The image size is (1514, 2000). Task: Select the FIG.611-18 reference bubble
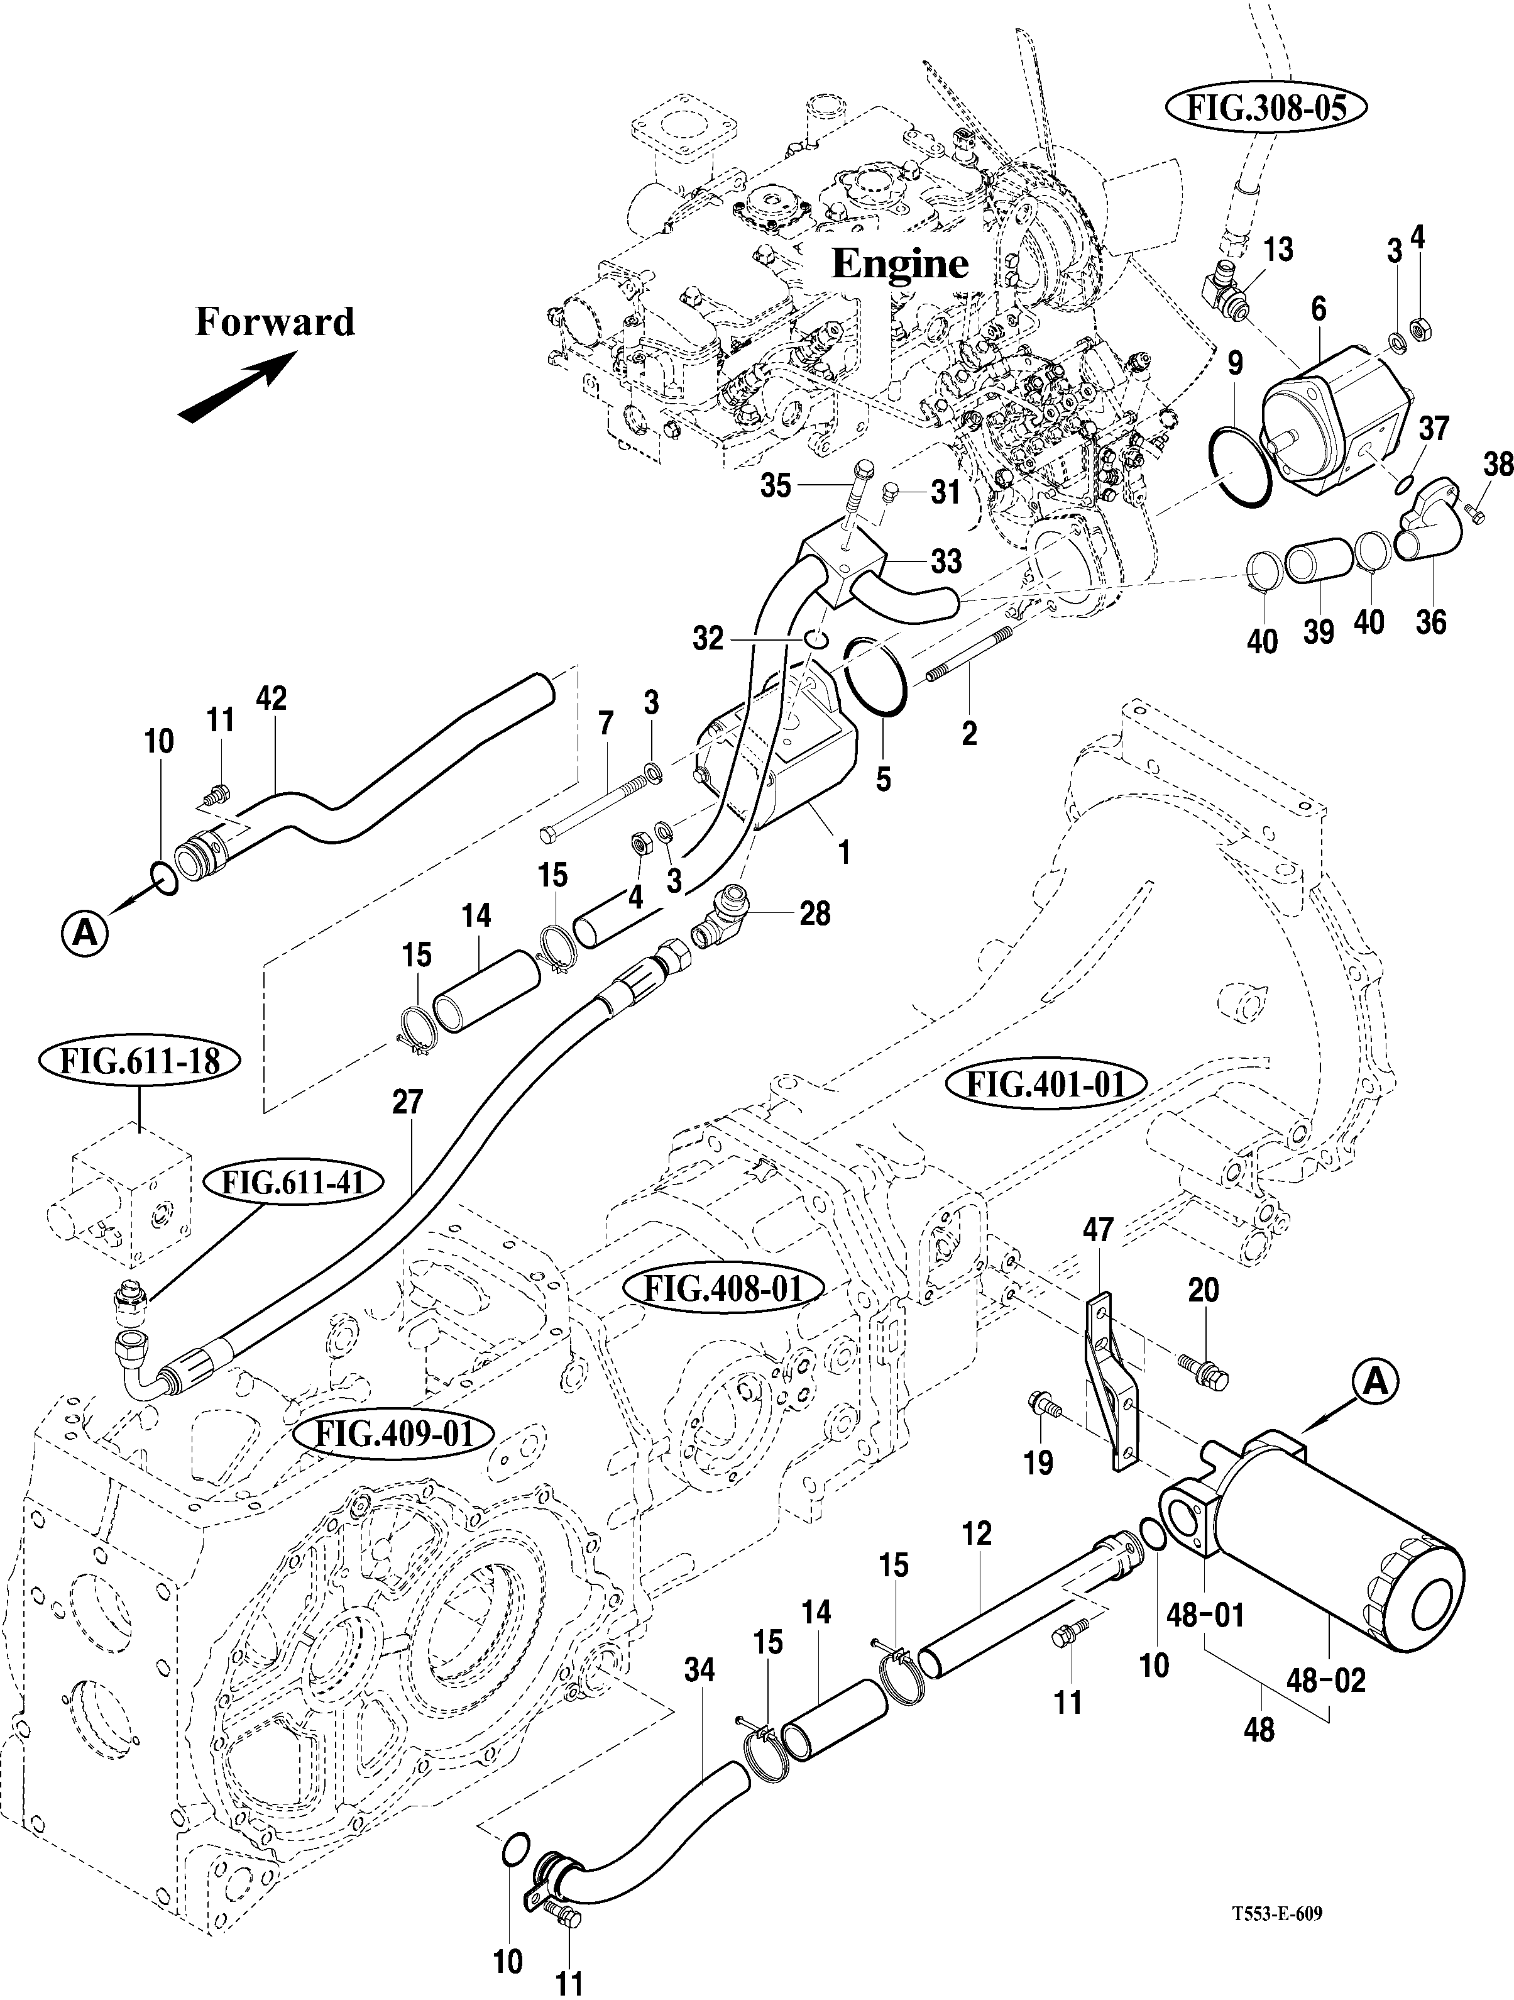click(140, 1061)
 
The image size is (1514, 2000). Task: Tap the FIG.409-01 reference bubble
click(394, 1434)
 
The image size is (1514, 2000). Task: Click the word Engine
click(899, 263)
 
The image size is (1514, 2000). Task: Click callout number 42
click(271, 698)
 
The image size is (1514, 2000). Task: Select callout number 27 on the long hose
click(408, 1103)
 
